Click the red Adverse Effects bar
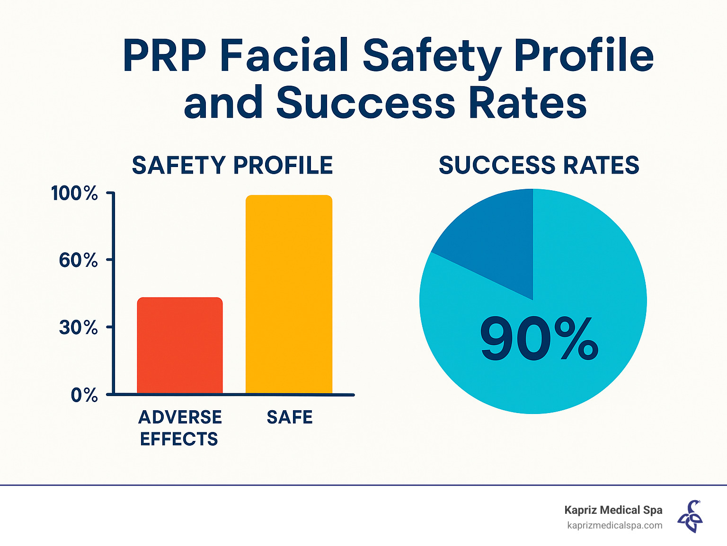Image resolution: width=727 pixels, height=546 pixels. pos(180,345)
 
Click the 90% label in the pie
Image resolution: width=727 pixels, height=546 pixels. pos(539,339)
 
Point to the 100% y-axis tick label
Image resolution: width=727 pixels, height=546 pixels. pos(74,194)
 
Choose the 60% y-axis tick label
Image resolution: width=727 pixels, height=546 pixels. pos(78,260)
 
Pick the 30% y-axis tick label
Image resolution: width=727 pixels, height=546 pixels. pos(78,327)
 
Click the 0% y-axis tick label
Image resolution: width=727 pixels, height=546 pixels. pos(84,395)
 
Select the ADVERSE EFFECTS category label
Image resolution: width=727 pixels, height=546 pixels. pos(180,428)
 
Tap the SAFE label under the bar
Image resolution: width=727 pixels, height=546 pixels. pos(290,417)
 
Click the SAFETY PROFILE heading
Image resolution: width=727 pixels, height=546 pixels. pos(232,166)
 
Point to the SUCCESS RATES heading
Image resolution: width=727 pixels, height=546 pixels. pos(539,166)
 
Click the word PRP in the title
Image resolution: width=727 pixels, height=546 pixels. pos(164,56)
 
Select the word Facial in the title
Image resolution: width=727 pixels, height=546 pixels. pos(285,56)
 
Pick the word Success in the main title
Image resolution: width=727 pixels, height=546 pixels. pos(365,103)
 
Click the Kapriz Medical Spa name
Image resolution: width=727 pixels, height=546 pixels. pos(613,510)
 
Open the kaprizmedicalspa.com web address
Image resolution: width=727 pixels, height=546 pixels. pos(614,525)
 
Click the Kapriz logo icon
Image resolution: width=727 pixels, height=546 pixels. pos(690,517)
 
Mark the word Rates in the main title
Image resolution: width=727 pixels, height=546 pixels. pos(527,103)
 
